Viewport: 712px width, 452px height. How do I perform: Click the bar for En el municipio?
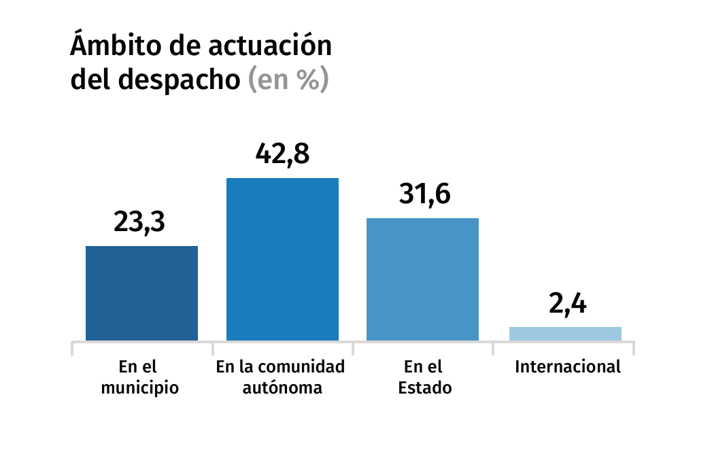pos(141,293)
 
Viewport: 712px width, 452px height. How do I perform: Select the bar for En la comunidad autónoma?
pos(282,259)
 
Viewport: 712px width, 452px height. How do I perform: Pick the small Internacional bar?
pos(565,334)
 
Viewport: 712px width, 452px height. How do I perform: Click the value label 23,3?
pos(140,222)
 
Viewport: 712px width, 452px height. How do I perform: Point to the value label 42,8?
pos(282,154)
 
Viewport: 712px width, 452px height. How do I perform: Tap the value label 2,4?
pos(567,304)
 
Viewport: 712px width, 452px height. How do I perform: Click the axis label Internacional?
pos(568,367)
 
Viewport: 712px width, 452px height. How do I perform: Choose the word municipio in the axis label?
pos(140,389)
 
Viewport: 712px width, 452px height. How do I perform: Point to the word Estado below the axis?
pos(425,389)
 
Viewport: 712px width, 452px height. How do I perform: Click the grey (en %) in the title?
pos(288,80)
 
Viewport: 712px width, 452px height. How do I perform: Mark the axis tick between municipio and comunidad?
pos(212,348)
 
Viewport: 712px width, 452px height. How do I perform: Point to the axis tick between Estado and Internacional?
pos(493,348)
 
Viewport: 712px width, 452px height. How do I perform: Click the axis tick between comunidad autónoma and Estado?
pos(353,348)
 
